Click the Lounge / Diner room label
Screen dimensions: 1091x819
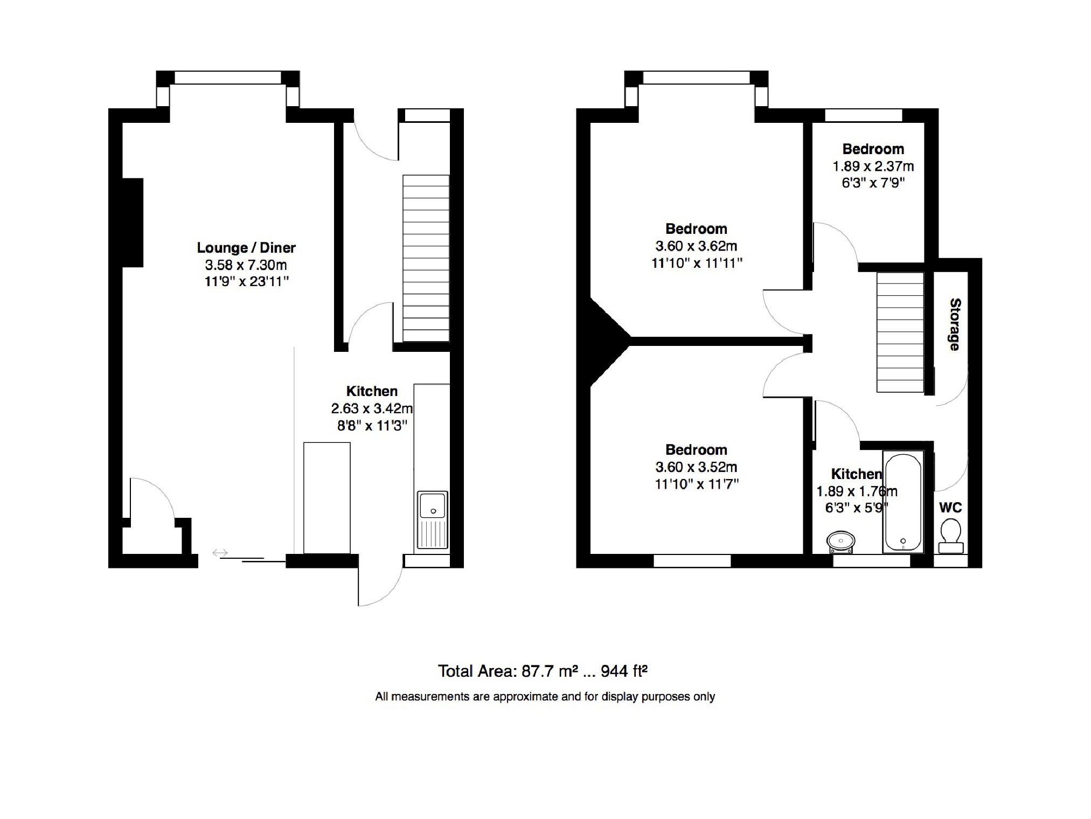246,248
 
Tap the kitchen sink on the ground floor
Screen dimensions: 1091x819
433,520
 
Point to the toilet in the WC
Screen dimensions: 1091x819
951,536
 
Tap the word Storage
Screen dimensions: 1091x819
955,324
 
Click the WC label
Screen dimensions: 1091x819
950,508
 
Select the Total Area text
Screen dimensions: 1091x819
543,671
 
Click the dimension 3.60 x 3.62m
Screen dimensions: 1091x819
696,246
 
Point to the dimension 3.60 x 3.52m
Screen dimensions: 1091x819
696,467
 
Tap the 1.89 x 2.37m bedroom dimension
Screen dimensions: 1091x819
873,166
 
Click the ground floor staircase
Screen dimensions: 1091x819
426,258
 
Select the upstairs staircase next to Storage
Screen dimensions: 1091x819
900,332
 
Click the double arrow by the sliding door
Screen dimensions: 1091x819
220,553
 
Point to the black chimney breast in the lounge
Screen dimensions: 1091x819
133,223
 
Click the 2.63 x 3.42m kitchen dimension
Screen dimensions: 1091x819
372,408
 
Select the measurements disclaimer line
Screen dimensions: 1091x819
545,697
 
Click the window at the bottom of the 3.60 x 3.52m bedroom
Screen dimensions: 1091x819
692,561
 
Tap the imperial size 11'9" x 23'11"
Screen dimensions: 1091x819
246,281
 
